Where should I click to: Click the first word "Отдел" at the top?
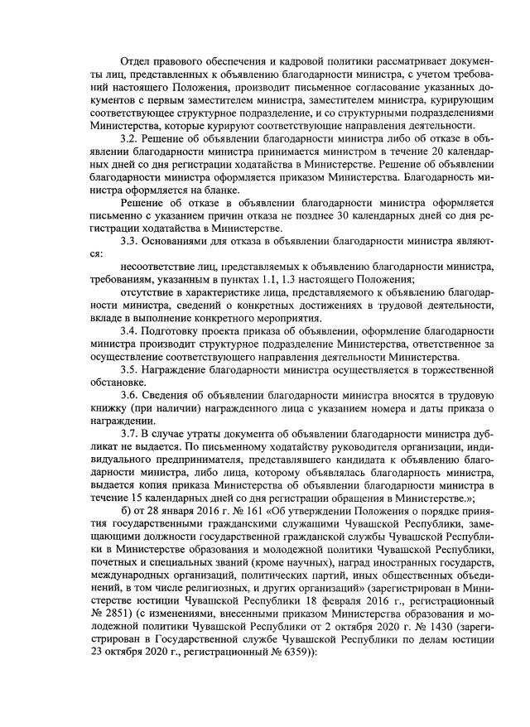pos(135,62)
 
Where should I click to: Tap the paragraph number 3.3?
pos(129,242)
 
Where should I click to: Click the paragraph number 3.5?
pos(129,368)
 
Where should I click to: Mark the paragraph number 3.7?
pos(129,432)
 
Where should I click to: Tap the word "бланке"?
pos(209,188)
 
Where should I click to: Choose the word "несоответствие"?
pos(160,267)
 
